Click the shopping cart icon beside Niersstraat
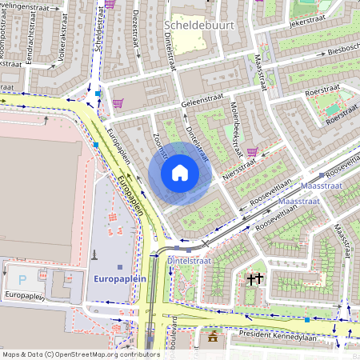pos(253,152)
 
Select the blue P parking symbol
pos(22,279)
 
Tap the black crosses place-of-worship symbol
pos(255,279)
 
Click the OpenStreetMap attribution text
pos(81,354)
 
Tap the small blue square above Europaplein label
pos(120,266)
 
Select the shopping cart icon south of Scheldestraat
pos(118,102)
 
